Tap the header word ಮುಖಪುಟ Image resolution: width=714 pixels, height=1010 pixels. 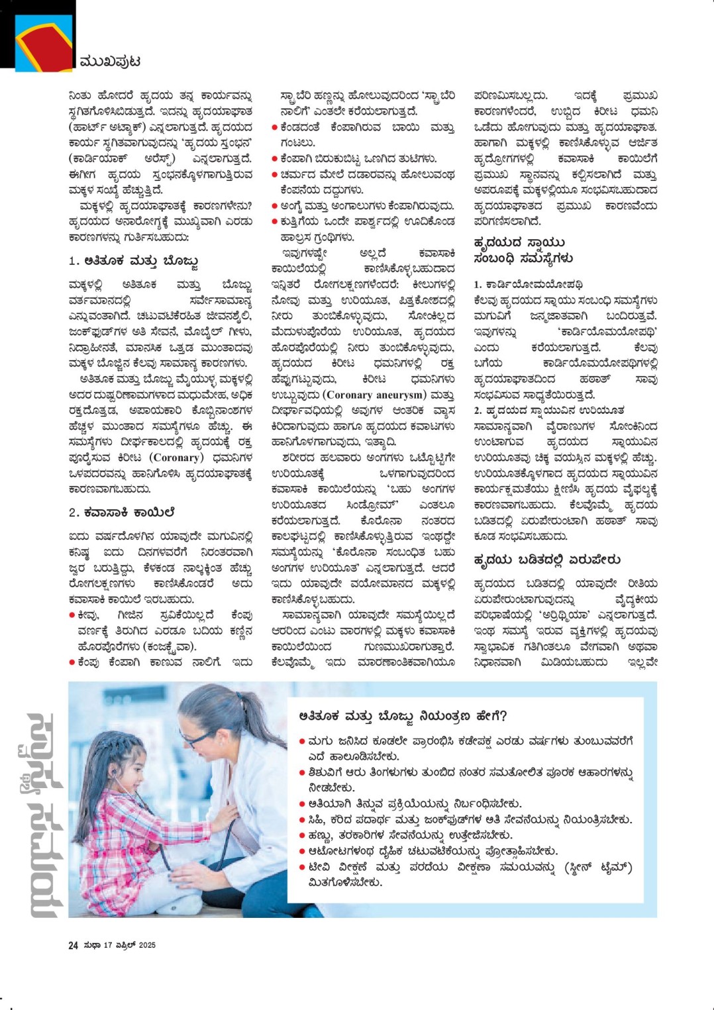click(109, 62)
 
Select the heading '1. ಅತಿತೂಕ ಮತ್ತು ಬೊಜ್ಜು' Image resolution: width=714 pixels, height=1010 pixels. click(133, 261)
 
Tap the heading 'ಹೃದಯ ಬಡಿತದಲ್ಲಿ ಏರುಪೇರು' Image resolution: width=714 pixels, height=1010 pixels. click(547, 560)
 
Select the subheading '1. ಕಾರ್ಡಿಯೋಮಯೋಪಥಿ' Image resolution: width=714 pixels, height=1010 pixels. click(528, 284)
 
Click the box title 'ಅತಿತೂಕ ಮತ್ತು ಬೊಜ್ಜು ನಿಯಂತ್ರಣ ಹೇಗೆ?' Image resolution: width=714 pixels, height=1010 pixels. click(403, 717)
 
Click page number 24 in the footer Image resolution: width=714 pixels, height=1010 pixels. click(73, 946)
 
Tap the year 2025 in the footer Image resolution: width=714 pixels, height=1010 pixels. click(146, 946)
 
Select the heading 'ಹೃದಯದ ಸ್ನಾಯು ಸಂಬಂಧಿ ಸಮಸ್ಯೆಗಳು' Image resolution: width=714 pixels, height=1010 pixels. click(523, 250)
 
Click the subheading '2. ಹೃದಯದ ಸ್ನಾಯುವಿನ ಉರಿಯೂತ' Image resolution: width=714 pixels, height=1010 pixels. click(549, 411)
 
